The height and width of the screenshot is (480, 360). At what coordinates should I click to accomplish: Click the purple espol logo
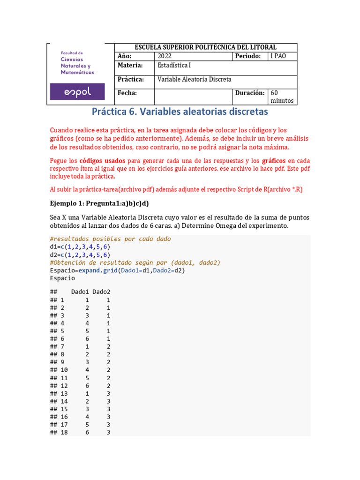(x=78, y=92)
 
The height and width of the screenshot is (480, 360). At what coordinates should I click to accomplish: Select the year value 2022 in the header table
(x=165, y=56)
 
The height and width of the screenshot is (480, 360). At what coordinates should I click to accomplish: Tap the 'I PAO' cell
(x=277, y=56)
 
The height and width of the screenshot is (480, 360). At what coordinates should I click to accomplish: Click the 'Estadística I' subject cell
(x=174, y=66)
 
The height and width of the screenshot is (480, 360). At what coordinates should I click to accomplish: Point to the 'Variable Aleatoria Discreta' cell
(x=194, y=79)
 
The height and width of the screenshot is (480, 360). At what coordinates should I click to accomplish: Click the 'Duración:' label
(x=250, y=93)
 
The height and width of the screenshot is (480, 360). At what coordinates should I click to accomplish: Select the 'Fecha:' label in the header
(x=127, y=93)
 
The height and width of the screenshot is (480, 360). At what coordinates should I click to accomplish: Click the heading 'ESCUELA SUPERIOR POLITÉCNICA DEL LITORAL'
(x=205, y=47)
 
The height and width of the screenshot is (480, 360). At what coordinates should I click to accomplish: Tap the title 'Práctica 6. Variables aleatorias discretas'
(x=180, y=112)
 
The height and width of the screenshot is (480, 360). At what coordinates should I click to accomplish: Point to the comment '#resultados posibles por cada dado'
(x=110, y=239)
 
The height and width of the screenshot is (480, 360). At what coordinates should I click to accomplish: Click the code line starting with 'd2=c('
(x=80, y=255)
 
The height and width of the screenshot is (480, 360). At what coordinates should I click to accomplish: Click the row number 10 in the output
(x=64, y=370)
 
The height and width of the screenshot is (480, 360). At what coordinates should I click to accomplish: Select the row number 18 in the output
(x=64, y=433)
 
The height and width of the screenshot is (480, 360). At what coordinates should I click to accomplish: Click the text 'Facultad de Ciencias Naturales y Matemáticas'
(x=77, y=63)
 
